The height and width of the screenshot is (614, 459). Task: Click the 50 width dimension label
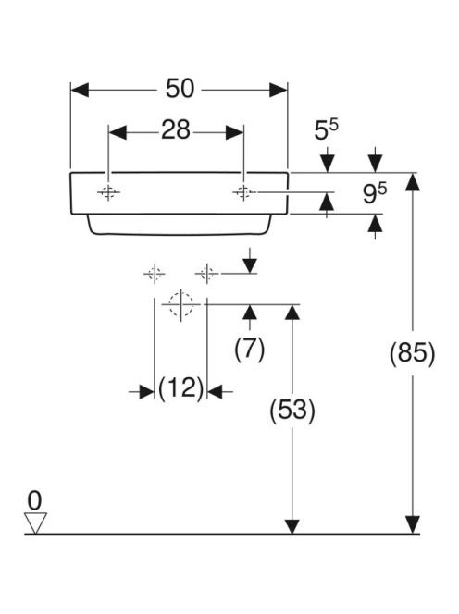180,89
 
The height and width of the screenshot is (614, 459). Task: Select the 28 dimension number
176,130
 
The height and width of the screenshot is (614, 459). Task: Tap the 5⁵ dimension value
326,129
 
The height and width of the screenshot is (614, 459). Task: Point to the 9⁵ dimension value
375,193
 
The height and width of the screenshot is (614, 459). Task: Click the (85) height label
413,353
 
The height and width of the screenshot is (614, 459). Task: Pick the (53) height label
292,411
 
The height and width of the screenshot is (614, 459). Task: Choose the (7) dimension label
250,349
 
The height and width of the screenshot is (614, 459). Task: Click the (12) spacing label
181,388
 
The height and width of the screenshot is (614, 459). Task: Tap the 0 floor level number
34,500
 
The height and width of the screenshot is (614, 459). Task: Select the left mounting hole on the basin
108,192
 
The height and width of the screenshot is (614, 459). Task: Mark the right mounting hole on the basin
243,192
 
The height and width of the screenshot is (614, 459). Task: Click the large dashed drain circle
181,304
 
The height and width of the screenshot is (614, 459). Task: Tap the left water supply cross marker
155,274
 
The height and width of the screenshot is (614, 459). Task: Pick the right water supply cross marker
206,274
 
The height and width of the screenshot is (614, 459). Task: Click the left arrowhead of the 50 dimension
80,90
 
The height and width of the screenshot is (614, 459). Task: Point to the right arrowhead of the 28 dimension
234,133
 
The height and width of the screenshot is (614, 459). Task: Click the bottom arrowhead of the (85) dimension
413,524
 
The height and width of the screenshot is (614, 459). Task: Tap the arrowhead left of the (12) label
146,391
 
